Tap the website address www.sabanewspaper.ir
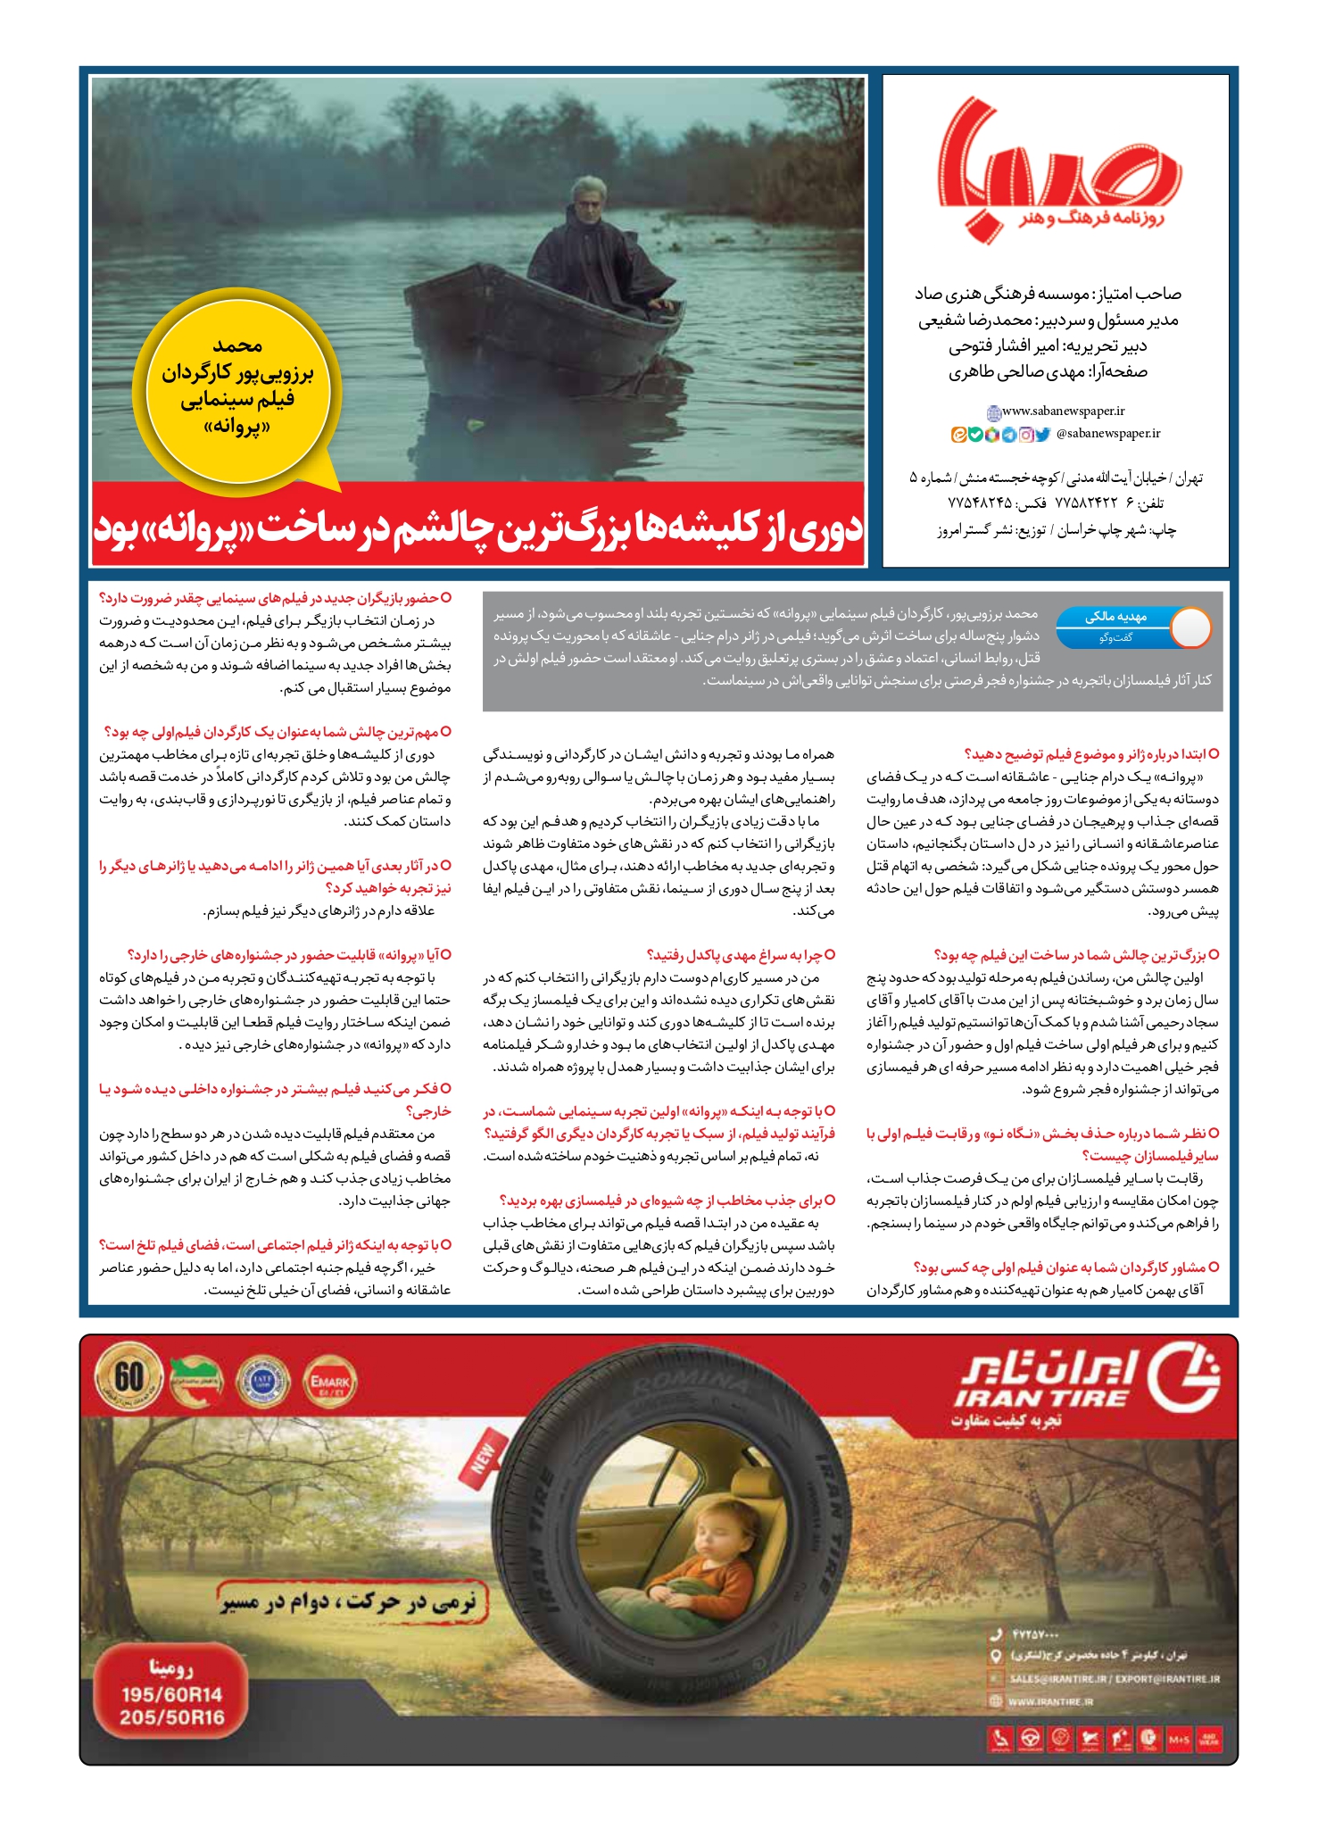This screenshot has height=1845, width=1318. (1063, 411)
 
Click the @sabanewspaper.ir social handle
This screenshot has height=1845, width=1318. (1107, 434)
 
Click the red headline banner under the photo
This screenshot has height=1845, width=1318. (478, 528)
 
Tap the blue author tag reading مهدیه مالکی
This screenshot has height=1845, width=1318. (1115, 617)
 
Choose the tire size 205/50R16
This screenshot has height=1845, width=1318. (171, 1717)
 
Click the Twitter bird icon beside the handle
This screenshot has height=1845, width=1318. (1042, 435)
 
